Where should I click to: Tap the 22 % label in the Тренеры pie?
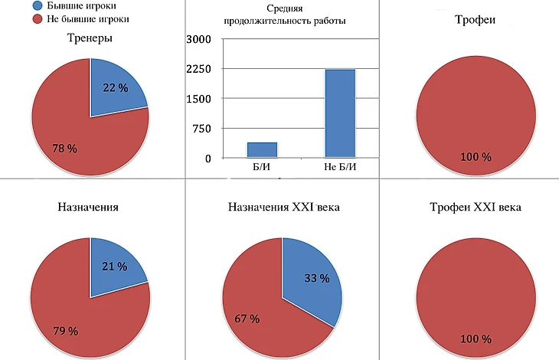(x=114, y=88)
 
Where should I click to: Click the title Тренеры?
(x=90, y=38)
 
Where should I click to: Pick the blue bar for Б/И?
(x=262, y=149)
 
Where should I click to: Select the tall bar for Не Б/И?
(x=340, y=113)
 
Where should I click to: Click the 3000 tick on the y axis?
(x=198, y=39)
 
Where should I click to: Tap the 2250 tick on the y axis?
(x=198, y=69)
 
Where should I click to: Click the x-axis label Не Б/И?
(x=340, y=168)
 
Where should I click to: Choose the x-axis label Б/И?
(x=262, y=168)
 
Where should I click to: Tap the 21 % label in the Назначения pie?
(x=113, y=267)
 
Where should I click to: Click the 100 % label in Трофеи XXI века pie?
(x=475, y=339)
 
